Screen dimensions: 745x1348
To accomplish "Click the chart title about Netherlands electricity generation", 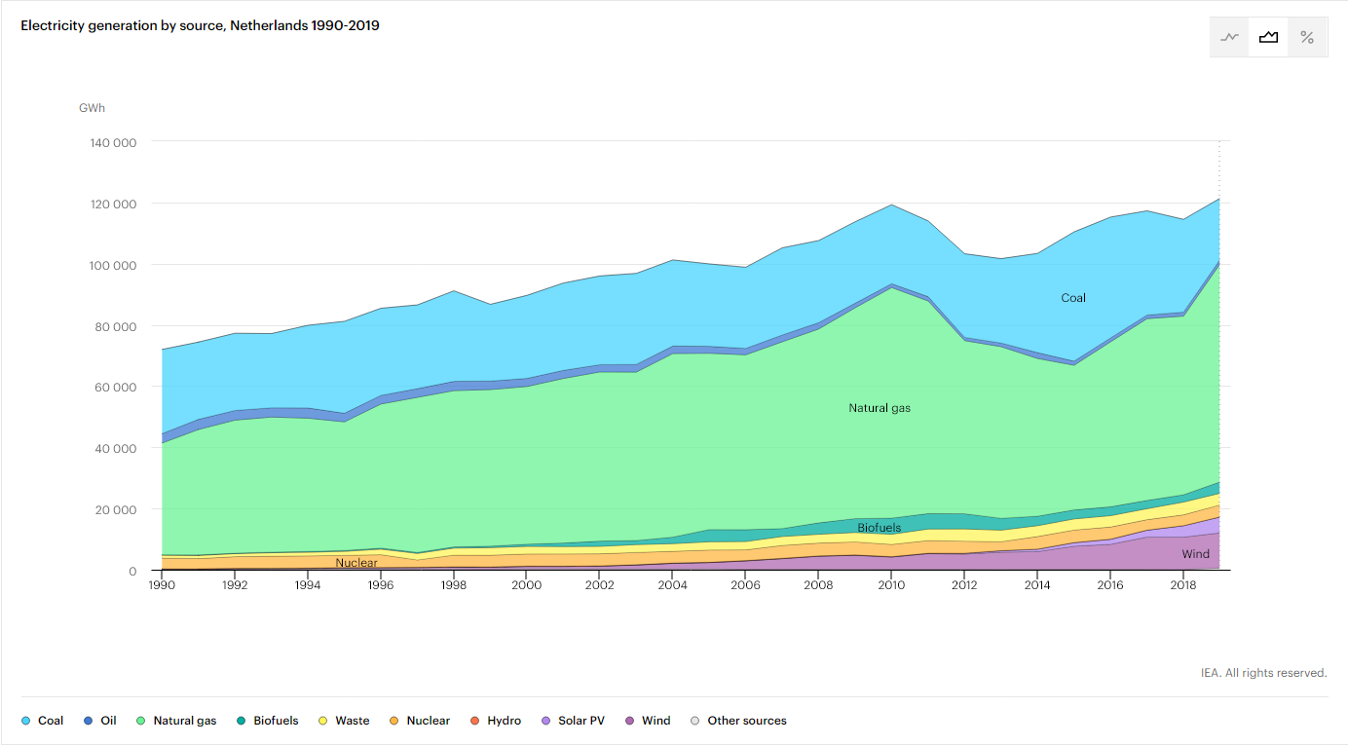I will coord(200,25).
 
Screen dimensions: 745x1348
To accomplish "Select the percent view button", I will coord(1307,37).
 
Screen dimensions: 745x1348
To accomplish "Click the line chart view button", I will coord(1229,37).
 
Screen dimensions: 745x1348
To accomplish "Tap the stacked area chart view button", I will coord(1268,37).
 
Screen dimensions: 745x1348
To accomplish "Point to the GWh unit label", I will coord(92,108).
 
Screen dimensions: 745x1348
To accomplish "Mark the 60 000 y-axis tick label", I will coord(114,387).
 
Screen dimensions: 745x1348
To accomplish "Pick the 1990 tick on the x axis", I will coord(162,586).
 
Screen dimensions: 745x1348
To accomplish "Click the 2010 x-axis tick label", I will coord(890,586).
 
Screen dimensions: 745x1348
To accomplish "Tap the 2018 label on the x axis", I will coord(1181,586).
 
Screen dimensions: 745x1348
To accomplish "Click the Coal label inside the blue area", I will coord(1072,298).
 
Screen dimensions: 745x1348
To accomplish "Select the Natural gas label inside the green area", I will coord(880,408).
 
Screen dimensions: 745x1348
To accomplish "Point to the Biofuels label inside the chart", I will coord(879,528).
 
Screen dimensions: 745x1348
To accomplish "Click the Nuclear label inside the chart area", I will coord(356,563).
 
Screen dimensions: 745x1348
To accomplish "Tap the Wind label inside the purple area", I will coord(1195,554).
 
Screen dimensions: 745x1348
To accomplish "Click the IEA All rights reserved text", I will coord(1263,673).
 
